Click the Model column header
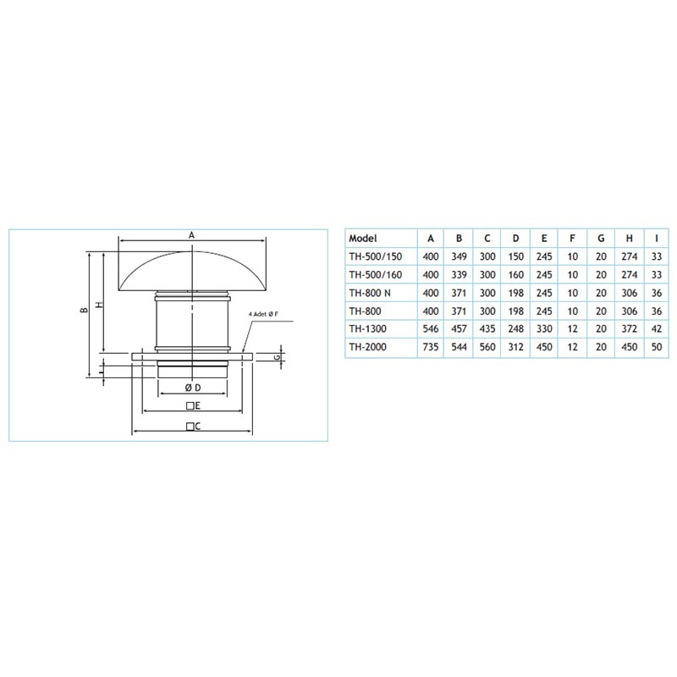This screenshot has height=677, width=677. (x=363, y=239)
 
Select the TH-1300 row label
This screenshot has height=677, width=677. (x=368, y=329)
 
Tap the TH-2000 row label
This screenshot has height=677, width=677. (x=368, y=347)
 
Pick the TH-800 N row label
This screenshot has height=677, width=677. (x=370, y=293)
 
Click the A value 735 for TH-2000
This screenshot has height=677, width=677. (x=431, y=347)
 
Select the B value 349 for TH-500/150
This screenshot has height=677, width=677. (x=459, y=256)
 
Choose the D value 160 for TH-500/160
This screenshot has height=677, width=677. (x=515, y=274)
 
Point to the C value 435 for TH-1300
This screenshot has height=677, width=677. (x=487, y=329)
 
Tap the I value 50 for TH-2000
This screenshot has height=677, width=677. (x=657, y=347)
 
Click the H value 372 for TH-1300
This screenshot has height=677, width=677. (x=629, y=329)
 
